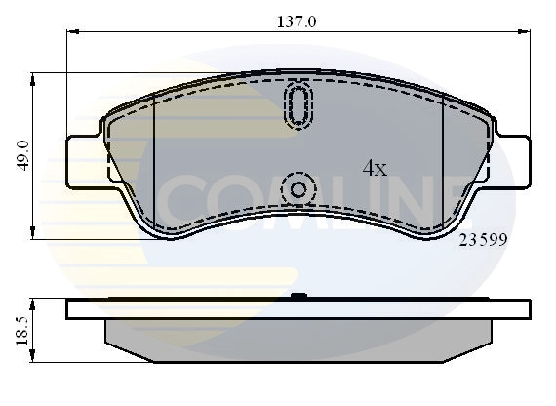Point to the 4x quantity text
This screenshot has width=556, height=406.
pyautogui.click(x=375, y=168)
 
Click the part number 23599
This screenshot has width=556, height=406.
pyautogui.click(x=484, y=237)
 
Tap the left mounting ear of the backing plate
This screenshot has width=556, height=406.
pyautogui.click(x=83, y=159)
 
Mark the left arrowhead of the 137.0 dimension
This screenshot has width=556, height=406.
pyautogui.click(x=70, y=31)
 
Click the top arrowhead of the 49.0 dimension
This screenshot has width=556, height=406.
pyautogui.click(x=35, y=76)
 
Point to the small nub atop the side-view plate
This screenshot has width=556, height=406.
pyautogui.click(x=298, y=296)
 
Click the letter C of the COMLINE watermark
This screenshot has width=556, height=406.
pyautogui.click(x=180, y=200)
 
